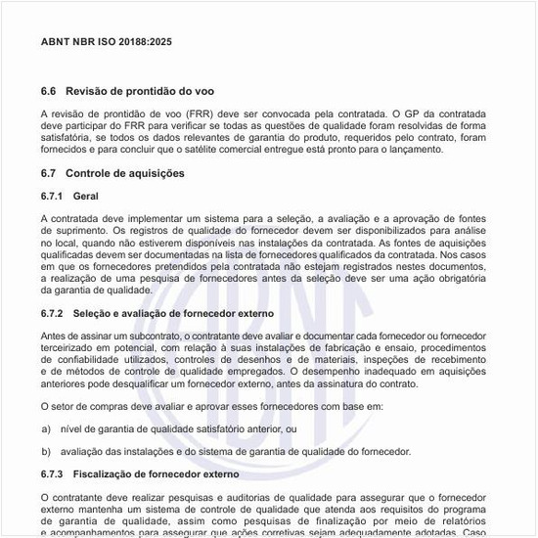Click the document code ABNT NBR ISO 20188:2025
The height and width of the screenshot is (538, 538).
(107, 43)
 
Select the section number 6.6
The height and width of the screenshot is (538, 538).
(49, 92)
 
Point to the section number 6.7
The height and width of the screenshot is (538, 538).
(49, 173)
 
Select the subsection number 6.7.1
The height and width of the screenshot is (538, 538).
(53, 197)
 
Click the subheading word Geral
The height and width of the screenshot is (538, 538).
(85, 197)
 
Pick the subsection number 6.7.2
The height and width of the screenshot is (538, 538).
(53, 313)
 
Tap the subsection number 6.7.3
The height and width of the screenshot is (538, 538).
(53, 474)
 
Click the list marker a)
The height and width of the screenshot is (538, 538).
(46, 428)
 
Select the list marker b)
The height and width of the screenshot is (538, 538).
(46, 451)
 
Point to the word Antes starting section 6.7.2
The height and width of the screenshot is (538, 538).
(54, 336)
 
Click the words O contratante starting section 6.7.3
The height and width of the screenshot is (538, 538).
(74, 497)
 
